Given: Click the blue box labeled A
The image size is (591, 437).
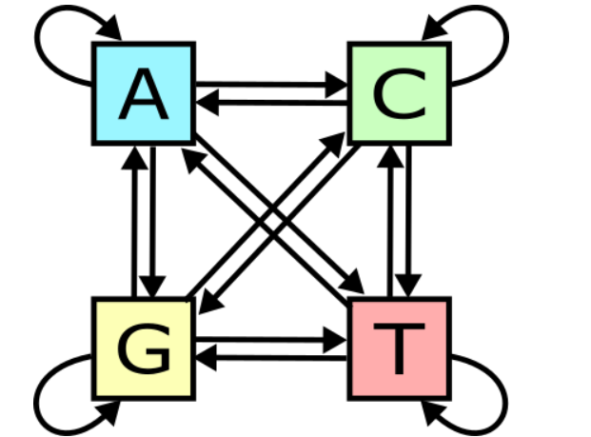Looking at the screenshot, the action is [144, 93].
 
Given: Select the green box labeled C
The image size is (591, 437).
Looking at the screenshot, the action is [398, 93].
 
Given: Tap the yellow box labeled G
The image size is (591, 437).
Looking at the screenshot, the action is [144, 348].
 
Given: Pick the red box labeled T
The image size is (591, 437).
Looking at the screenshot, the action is [398, 348].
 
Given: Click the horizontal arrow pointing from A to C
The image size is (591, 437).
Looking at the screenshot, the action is [271, 84].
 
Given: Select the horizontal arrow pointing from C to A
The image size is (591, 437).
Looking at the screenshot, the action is [271, 102].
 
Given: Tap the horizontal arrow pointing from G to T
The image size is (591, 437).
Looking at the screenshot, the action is [271, 338].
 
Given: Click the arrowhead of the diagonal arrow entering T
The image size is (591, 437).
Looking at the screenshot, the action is [353, 284].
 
